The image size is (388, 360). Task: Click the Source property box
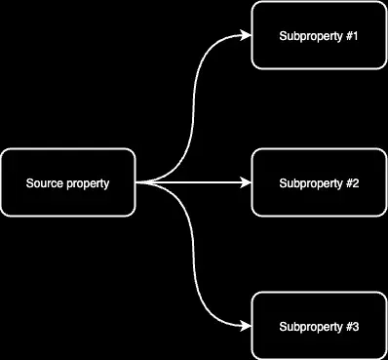tap(67, 182)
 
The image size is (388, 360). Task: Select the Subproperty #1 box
tap(319, 36)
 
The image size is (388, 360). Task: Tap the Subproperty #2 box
tap(319, 182)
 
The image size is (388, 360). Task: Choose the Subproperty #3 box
tap(319, 326)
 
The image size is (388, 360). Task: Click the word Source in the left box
tap(44, 183)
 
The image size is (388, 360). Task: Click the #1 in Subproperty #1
tap(352, 37)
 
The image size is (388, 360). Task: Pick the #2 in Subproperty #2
tap(352, 183)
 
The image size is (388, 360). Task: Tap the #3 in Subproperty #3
tap(352, 327)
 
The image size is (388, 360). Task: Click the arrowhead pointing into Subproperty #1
tap(247, 36)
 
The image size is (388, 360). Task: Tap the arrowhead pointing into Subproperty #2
tap(247, 182)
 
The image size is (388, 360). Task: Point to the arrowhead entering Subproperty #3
tap(247, 326)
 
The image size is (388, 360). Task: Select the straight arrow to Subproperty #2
tap(195, 182)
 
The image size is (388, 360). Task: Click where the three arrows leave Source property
tap(137, 182)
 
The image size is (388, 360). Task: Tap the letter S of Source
tap(29, 183)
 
